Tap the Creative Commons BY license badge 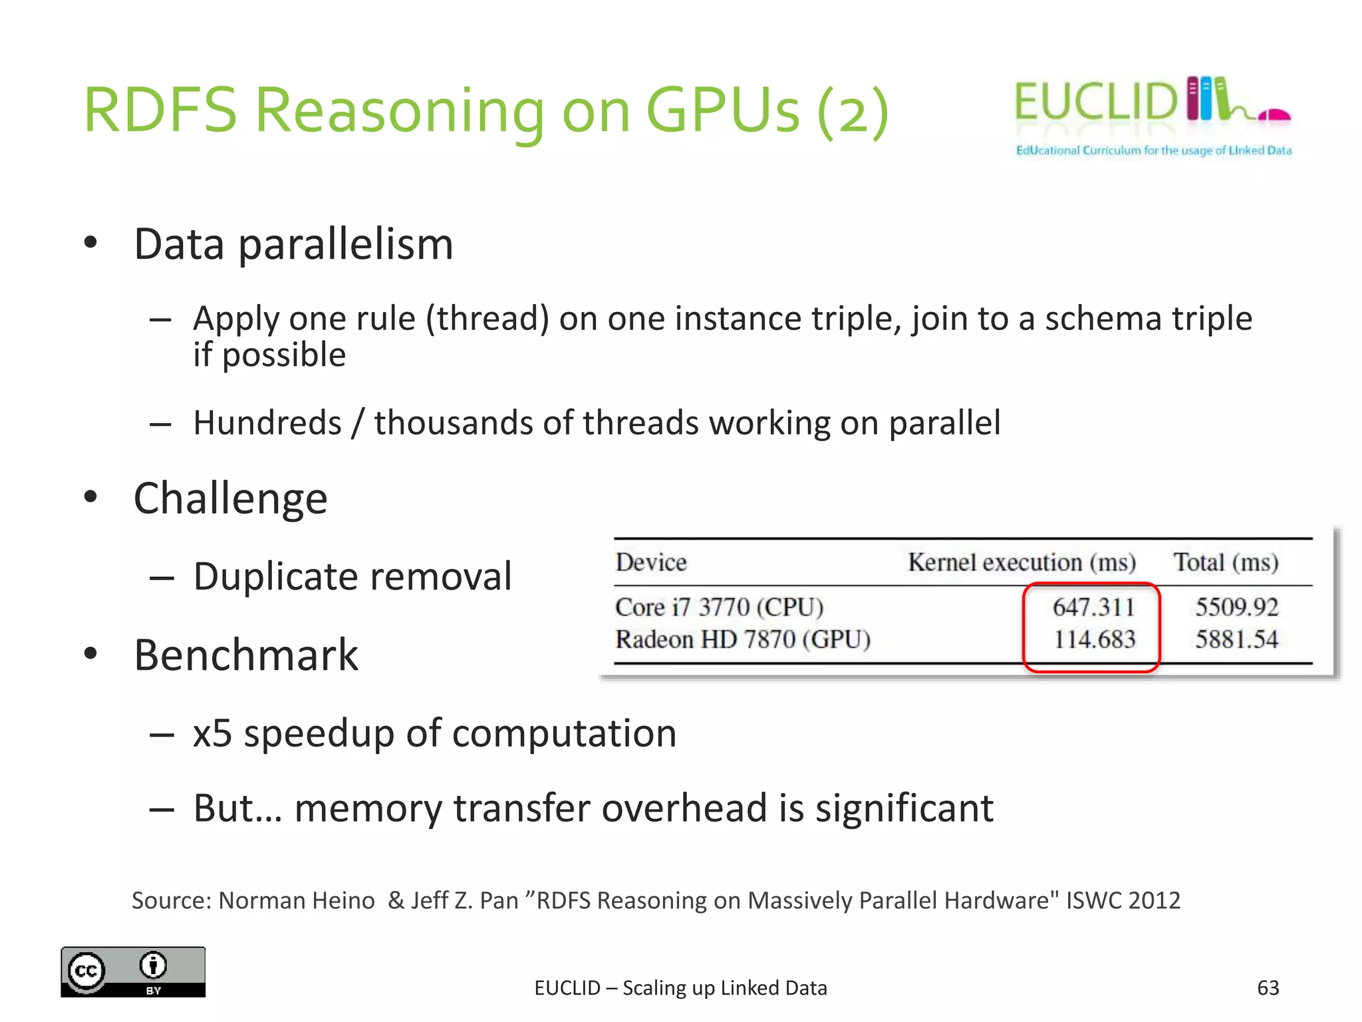click(x=133, y=971)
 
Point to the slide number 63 click(x=1268, y=988)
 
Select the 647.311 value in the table click(x=1093, y=607)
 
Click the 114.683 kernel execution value click(x=1094, y=639)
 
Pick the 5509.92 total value click(x=1236, y=607)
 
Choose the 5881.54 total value click(x=1236, y=639)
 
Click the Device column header click(x=650, y=562)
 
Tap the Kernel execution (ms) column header click(x=1021, y=563)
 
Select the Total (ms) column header click(x=1226, y=563)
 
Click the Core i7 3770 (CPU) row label click(x=720, y=607)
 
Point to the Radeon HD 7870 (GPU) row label click(x=743, y=639)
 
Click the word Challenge click(x=231, y=499)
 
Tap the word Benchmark click(x=246, y=655)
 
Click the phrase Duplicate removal click(x=352, y=576)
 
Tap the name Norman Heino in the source click(x=297, y=900)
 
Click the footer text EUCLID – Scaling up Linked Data click(x=680, y=988)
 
